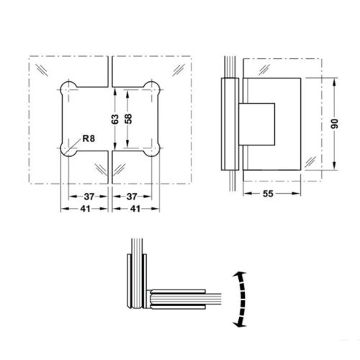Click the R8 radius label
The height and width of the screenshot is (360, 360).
tap(89, 138)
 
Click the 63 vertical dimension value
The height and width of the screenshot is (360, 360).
tap(115, 120)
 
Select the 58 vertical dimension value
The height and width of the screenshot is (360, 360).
tap(129, 119)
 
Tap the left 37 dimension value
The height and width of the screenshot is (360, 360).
tap(89, 197)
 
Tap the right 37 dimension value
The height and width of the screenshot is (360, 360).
tap(132, 197)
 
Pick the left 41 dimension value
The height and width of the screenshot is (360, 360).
tap(85, 209)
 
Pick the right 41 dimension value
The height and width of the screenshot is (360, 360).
tap(135, 209)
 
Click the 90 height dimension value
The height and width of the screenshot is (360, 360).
tap(334, 124)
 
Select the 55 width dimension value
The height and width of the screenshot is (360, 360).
tap(268, 194)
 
